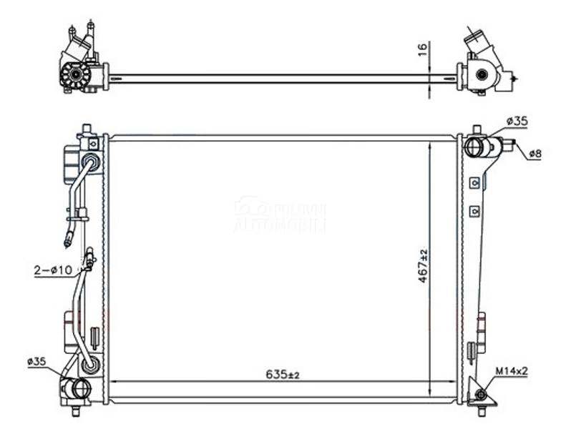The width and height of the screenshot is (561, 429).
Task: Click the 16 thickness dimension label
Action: click(423, 50)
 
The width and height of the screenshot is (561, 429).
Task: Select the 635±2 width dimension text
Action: click(282, 374)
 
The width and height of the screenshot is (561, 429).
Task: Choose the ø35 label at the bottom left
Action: click(37, 363)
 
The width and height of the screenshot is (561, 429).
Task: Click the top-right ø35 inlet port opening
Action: click(474, 148)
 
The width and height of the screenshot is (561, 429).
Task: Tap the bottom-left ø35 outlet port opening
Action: click(79, 388)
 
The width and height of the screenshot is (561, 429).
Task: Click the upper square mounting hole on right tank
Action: click(473, 183)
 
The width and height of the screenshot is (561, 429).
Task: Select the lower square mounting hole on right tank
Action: click(473, 211)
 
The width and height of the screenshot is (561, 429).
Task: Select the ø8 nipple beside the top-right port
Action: click(509, 145)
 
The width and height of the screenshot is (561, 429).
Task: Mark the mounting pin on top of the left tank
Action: click(87, 129)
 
